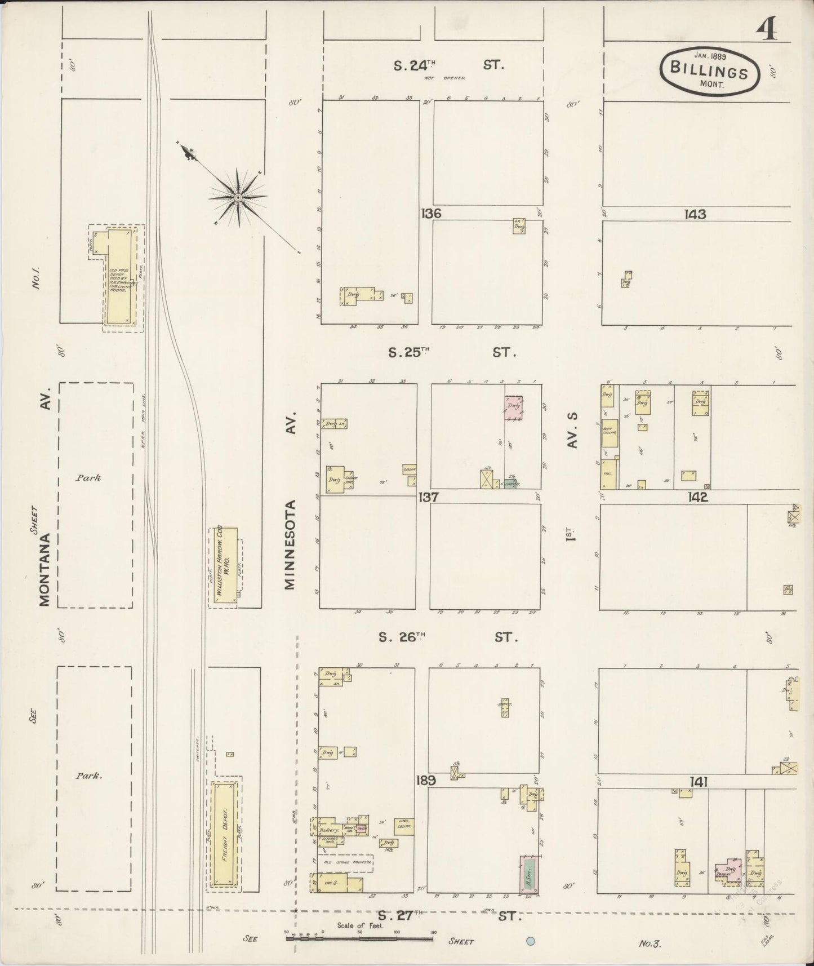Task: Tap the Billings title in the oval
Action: click(709, 73)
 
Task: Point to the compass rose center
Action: click(238, 197)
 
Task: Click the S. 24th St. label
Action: click(448, 65)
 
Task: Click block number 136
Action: click(430, 214)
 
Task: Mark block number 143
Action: click(695, 214)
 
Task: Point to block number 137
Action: click(429, 497)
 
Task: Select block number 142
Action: click(697, 497)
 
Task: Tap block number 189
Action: click(427, 781)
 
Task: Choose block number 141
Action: click(698, 782)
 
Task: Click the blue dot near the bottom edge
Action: click(530, 941)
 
